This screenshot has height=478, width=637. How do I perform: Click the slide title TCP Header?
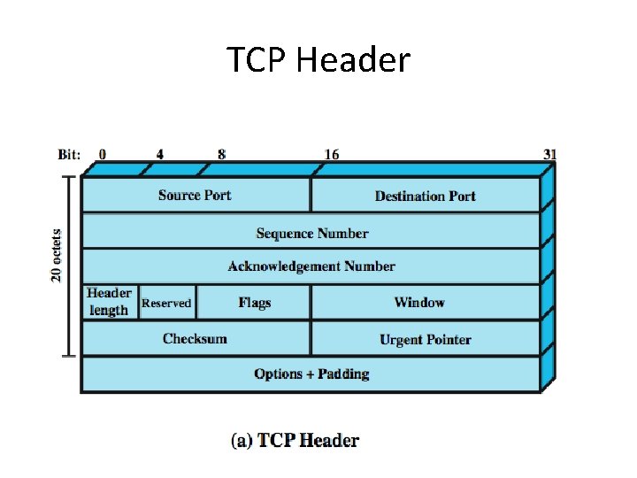(318, 60)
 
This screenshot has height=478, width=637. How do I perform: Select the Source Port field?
(195, 196)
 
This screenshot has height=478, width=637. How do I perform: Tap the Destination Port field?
(425, 196)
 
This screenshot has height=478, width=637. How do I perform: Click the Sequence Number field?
(311, 233)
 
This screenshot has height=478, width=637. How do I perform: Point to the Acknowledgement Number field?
(311, 266)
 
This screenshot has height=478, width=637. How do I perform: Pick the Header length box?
(109, 302)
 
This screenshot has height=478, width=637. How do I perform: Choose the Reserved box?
(166, 303)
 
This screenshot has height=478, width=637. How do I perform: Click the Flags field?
(254, 303)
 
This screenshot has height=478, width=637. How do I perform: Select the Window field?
(419, 303)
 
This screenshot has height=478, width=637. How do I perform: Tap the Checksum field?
(195, 339)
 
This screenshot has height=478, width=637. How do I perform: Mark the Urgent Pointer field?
(425, 339)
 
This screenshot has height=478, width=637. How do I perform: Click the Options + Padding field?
(311, 374)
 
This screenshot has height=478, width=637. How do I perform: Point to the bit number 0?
(103, 154)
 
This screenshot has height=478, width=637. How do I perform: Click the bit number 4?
(160, 154)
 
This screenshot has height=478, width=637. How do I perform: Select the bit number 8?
(221, 154)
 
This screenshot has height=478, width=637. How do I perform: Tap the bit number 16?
(331, 154)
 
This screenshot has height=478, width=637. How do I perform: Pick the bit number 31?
(549, 154)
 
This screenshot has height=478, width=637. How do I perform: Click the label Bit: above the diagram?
(70, 154)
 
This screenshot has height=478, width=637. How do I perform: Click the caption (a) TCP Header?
(295, 440)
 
